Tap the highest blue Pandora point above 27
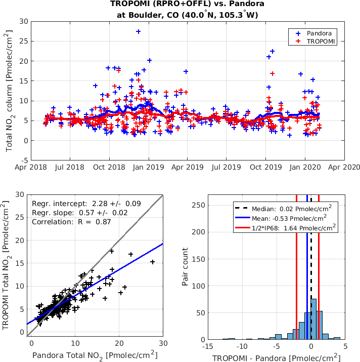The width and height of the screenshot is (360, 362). point(138,31)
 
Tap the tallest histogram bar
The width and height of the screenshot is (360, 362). point(313,319)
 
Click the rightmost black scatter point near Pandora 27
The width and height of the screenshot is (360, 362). point(152,262)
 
